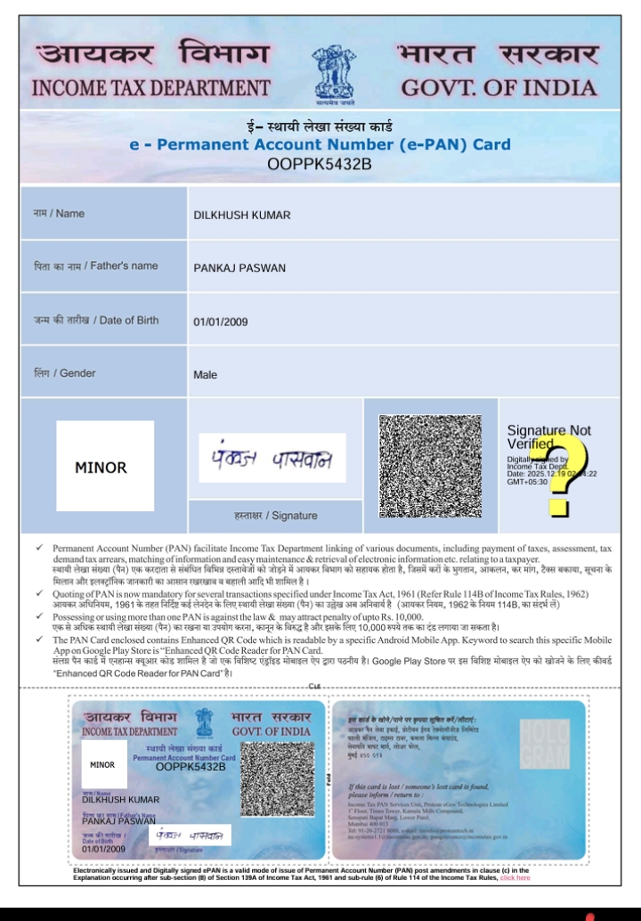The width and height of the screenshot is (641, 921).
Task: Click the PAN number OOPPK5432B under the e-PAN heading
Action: click(320, 164)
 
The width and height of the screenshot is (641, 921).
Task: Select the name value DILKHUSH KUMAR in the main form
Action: click(242, 216)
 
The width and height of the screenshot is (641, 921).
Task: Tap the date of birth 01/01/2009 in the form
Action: click(221, 322)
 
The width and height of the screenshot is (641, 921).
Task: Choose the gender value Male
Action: click(205, 374)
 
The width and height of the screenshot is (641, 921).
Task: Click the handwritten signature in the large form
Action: click(272, 459)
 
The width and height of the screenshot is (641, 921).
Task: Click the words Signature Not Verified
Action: click(548, 436)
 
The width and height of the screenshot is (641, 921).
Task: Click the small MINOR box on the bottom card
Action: click(102, 764)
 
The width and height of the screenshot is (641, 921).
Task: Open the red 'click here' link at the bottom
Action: click(515, 877)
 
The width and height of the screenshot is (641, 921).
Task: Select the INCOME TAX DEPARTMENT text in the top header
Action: click(150, 88)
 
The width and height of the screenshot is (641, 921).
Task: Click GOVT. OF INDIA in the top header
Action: click(498, 88)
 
